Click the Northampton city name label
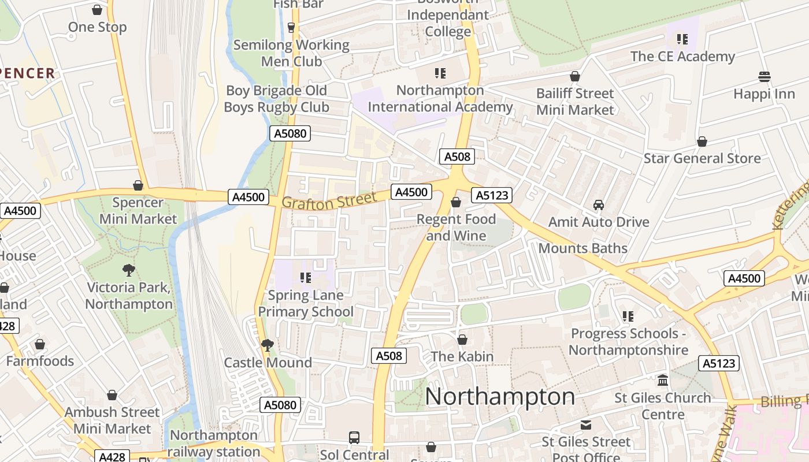coord(500,397)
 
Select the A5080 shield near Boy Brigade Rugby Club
coord(290,134)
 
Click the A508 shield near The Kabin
coord(388,356)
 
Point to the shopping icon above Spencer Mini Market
coord(138,185)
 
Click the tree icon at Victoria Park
coord(129,270)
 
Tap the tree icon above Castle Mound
coord(267,345)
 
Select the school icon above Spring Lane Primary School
coord(306,278)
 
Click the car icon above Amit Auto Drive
coord(599,205)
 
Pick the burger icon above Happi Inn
coord(764,77)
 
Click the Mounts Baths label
coord(582,248)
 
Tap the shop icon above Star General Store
coord(702,141)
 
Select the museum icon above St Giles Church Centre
coord(663,381)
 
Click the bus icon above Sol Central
coord(354,438)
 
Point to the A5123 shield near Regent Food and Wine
coord(492,195)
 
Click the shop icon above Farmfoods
coord(40,345)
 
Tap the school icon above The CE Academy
coord(682,39)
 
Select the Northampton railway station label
coord(214,444)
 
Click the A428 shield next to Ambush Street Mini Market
coord(112,456)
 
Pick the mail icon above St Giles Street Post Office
coord(586,425)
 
